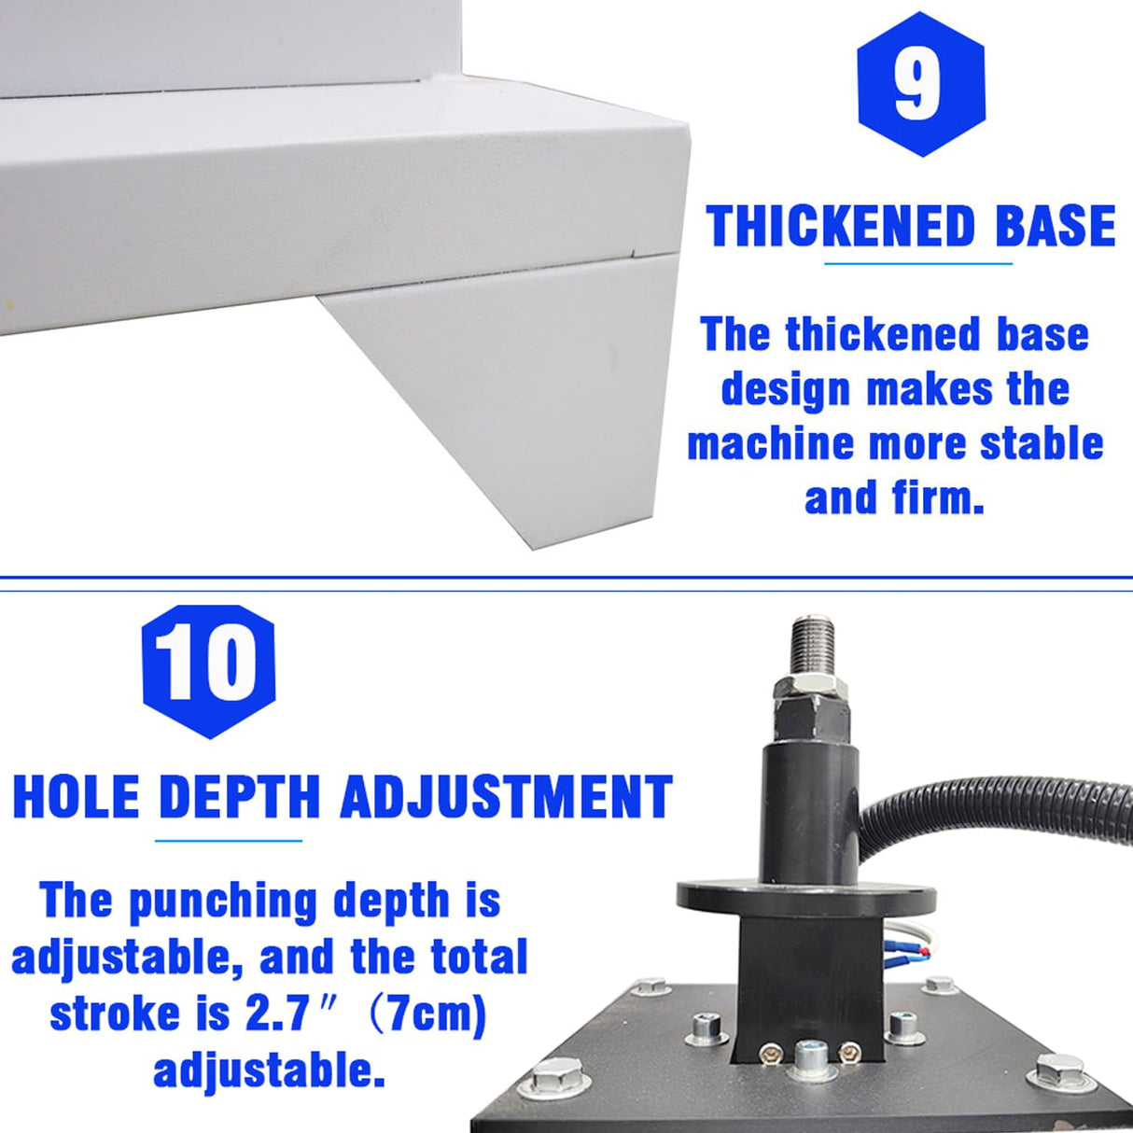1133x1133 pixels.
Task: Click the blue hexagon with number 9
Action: [920, 84]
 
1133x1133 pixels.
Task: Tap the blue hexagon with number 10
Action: [208, 669]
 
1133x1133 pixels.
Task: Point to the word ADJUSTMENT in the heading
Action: [506, 797]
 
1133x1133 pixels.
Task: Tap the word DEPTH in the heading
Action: [240, 797]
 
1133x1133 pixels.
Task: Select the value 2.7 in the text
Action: [277, 1014]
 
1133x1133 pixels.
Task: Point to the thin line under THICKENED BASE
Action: [918, 263]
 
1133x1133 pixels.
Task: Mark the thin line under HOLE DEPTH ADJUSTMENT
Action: [229, 840]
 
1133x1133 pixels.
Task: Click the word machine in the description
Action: [771, 443]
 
